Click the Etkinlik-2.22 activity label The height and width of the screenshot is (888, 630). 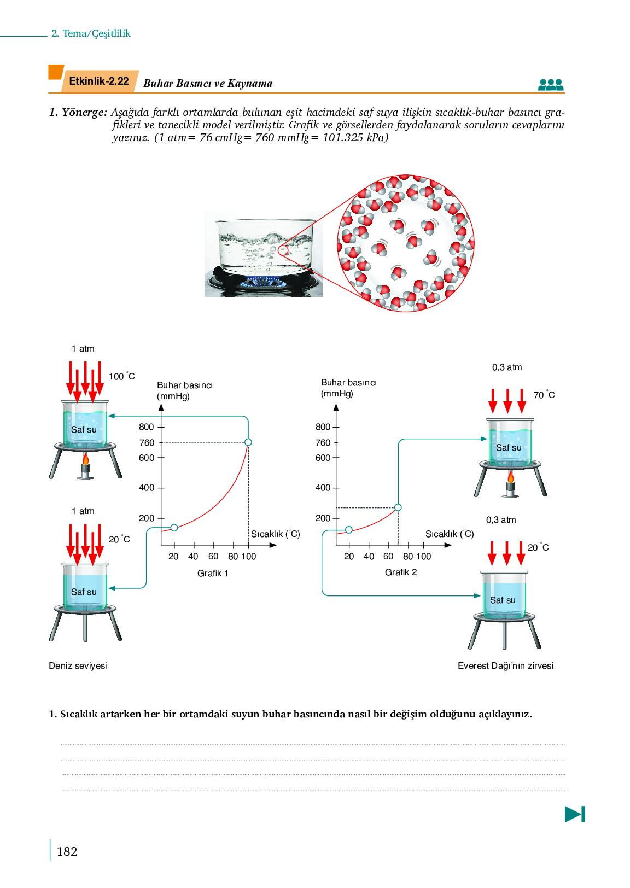tap(99, 81)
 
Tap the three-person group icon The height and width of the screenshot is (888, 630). tap(551, 85)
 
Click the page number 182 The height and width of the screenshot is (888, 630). tap(67, 851)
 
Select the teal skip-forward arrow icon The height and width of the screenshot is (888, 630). tap(575, 814)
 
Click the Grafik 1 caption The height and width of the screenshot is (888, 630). tap(213, 573)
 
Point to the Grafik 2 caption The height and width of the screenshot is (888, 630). tap(401, 572)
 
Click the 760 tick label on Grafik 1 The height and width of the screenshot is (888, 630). tap(147, 442)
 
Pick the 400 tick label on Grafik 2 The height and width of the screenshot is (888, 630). tap(323, 487)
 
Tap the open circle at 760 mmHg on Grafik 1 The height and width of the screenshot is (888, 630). tap(248, 442)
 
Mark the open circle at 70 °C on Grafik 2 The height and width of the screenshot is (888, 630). tap(398, 507)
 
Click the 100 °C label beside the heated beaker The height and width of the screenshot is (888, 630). tap(122, 376)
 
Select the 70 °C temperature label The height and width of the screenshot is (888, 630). tap(544, 395)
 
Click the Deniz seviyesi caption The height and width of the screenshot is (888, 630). tap(78, 665)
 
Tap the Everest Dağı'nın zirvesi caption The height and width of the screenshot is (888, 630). tap(506, 665)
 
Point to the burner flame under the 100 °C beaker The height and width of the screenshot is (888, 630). tap(85, 458)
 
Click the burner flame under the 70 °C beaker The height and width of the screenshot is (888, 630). tap(511, 477)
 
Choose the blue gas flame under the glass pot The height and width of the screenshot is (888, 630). tap(262, 282)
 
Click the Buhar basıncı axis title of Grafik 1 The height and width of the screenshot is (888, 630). tap(185, 390)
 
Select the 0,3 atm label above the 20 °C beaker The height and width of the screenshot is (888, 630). tap(501, 519)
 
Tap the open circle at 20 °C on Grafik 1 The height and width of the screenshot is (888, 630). tap(174, 528)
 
